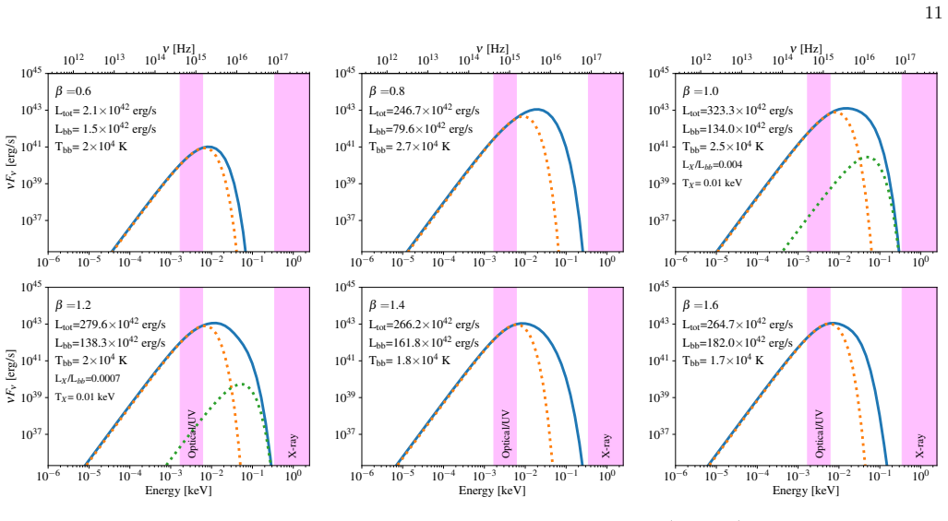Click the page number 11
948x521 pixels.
coord(933,13)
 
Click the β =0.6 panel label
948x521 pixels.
coord(73,92)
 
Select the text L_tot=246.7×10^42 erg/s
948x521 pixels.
coord(424,111)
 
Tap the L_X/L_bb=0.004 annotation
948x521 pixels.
coord(713,165)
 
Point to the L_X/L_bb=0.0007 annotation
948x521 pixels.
coord(88,378)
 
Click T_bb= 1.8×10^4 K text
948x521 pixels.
coord(409,361)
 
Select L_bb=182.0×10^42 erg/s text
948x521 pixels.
coord(738,342)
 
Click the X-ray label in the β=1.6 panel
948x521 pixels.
coord(919,445)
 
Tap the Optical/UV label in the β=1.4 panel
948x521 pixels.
coord(506,433)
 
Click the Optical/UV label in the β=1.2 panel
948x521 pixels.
coord(192,433)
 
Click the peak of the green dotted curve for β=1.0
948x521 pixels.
coord(866,157)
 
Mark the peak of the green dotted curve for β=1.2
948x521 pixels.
coord(241,384)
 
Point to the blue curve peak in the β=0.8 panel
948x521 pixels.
coord(537,109)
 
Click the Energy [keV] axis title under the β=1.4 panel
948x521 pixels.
coord(491,491)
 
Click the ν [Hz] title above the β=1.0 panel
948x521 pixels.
coord(806,49)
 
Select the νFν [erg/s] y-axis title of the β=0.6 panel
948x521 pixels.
coord(11,161)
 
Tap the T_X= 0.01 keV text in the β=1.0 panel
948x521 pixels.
coord(713,183)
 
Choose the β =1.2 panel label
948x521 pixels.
coord(73,305)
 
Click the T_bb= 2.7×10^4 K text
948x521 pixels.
coord(409,147)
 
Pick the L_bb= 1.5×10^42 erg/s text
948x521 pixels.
coord(106,128)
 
